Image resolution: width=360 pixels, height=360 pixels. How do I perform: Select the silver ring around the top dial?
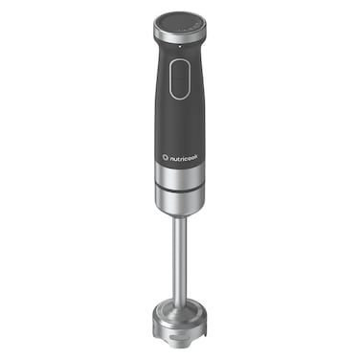click(x=178, y=35)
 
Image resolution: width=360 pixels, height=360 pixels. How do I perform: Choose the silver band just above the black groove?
click(x=178, y=176)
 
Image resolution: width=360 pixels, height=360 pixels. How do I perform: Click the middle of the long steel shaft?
click(x=179, y=259)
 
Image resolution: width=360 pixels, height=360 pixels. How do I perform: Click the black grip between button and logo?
click(x=178, y=120)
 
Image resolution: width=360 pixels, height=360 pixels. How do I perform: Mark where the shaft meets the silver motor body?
click(x=179, y=218)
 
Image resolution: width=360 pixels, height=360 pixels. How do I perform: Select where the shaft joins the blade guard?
click(x=179, y=301)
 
